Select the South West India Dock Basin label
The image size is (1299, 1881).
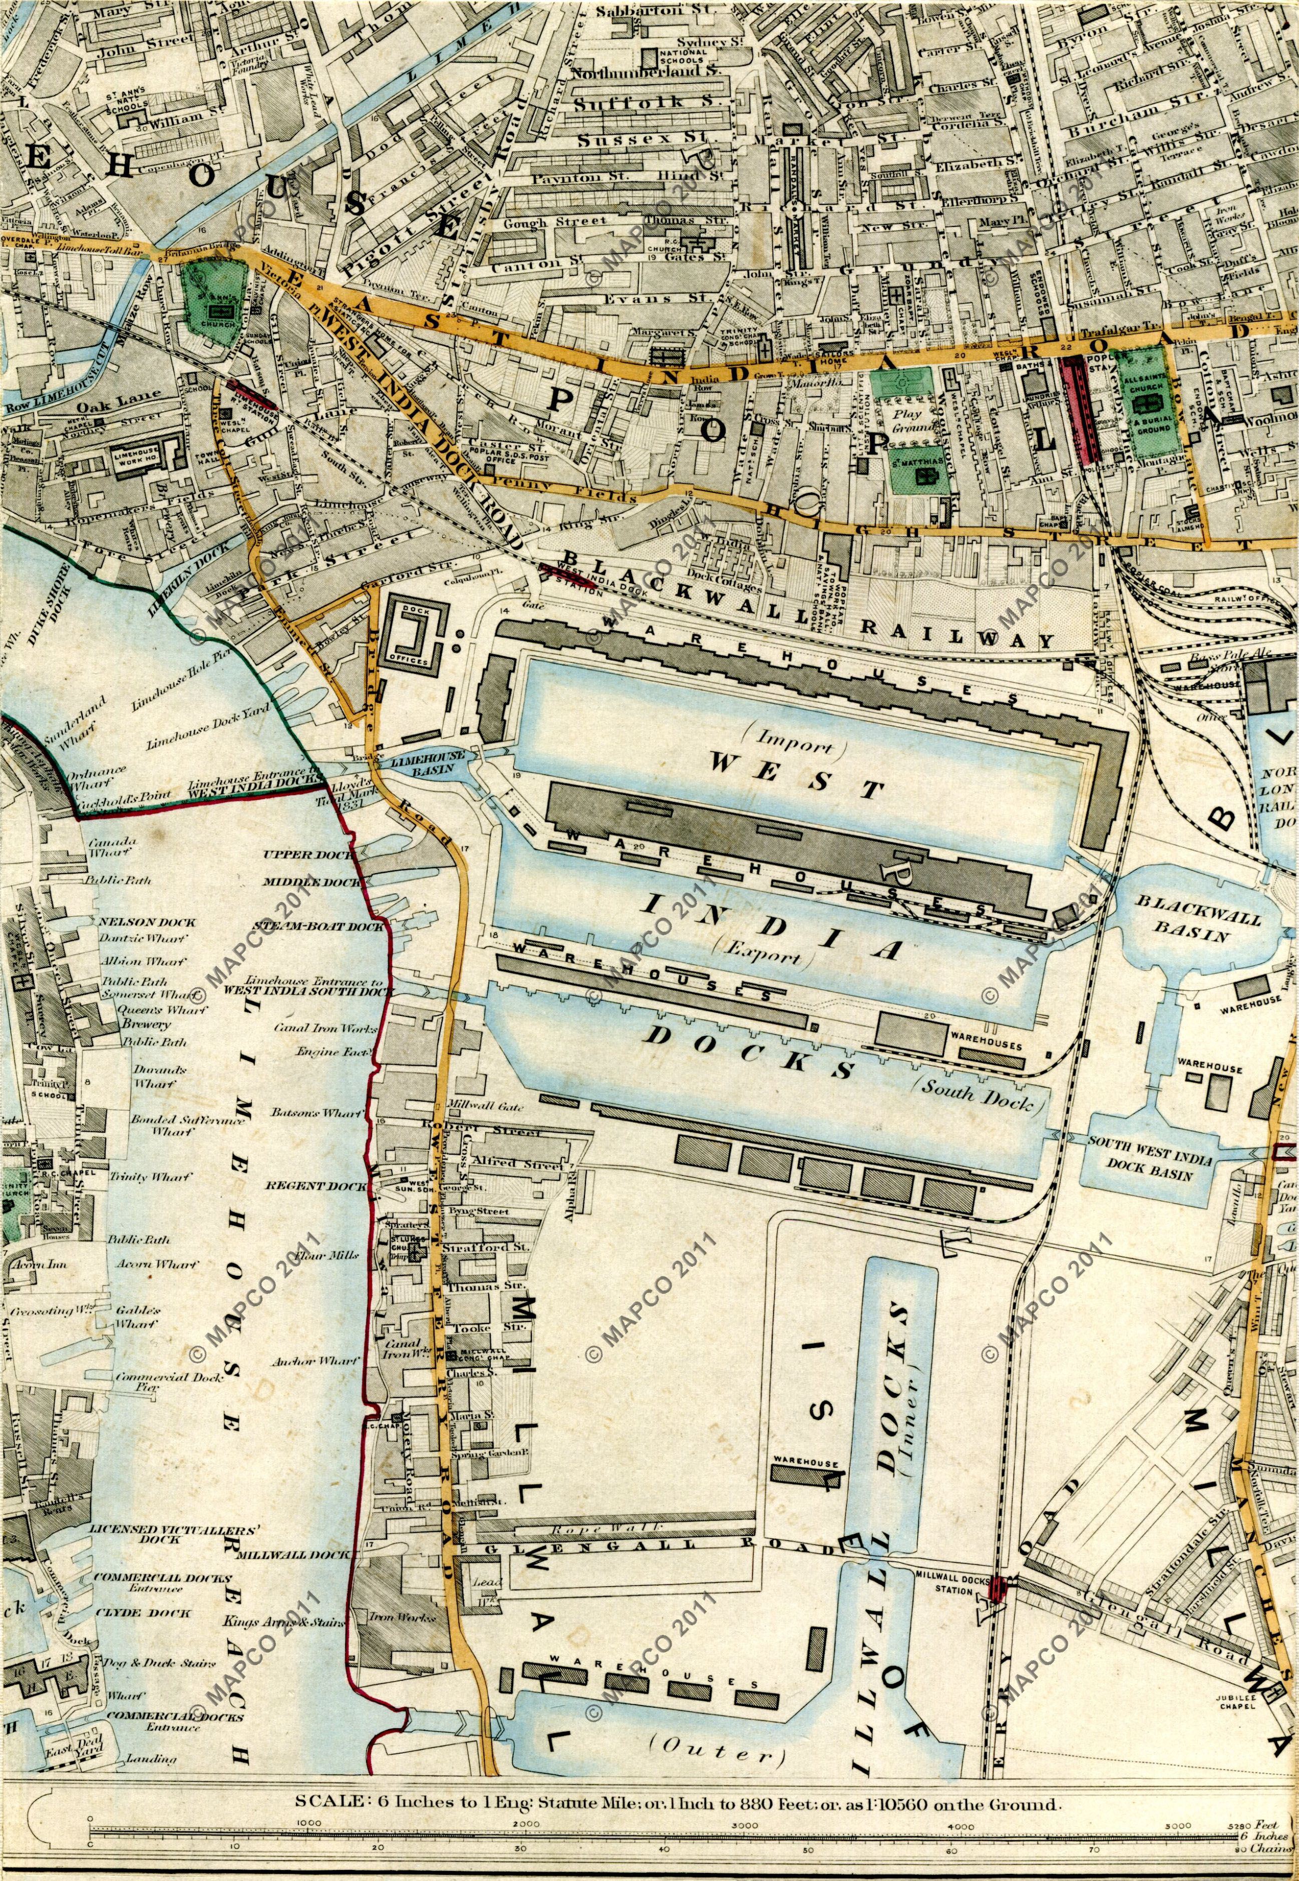[x=1148, y=1165]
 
